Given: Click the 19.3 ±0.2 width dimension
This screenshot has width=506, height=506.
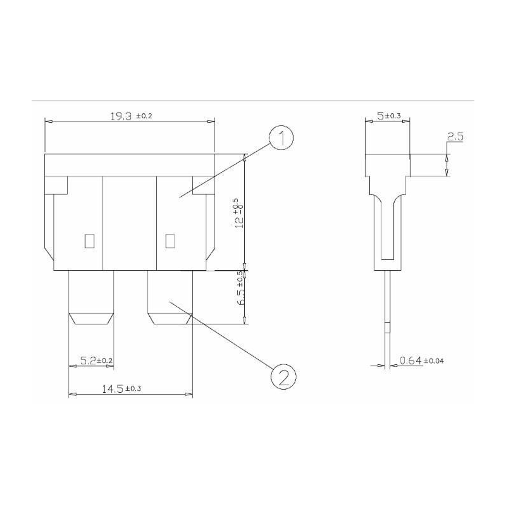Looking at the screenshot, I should click(132, 116).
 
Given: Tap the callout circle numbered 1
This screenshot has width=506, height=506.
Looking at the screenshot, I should click(281, 137).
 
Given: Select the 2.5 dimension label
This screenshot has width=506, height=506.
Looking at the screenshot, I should click(455, 137).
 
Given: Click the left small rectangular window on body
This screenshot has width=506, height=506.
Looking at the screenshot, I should click(89, 240).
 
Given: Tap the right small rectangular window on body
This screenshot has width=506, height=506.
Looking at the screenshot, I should click(170, 240).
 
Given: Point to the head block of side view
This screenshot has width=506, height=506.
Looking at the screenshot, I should click(388, 165).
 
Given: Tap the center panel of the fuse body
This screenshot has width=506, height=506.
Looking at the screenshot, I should click(129, 221).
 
